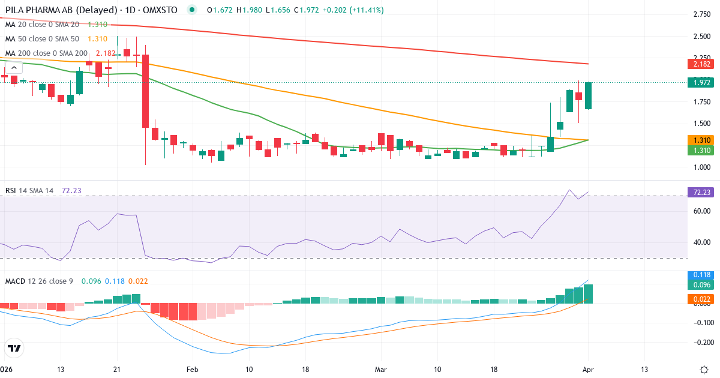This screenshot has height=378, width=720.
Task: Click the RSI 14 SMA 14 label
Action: coord(29,190)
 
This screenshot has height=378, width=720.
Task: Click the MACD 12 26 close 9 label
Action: coord(39,281)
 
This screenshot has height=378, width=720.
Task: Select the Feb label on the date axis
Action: coord(192,369)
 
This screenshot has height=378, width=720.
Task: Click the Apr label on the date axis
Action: coord(588,369)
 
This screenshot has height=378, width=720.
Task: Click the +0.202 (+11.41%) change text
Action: coord(353,10)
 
